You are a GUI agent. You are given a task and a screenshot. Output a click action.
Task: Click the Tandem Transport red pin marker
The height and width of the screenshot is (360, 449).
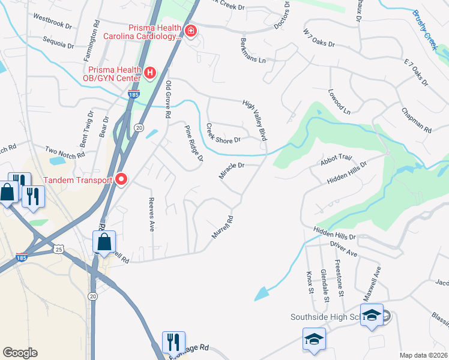[x=121, y=179]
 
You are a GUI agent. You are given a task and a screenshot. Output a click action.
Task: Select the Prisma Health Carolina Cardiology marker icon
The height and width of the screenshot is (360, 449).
[x=191, y=31]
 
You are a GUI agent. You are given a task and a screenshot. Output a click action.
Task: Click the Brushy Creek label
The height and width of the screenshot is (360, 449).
[x=424, y=30]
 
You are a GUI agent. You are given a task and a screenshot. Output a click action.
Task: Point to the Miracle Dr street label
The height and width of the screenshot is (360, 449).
[x=232, y=171]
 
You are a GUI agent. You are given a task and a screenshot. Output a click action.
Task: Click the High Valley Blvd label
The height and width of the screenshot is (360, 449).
[x=255, y=120]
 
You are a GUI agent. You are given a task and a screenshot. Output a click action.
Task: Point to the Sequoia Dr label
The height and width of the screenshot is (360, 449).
[x=58, y=42]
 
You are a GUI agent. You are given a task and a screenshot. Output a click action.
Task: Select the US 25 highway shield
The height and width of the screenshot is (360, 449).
[x=58, y=248]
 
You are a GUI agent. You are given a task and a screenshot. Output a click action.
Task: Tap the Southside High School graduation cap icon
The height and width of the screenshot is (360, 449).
[x=372, y=314]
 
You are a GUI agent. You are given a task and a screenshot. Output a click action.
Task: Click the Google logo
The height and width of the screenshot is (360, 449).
[x=20, y=352]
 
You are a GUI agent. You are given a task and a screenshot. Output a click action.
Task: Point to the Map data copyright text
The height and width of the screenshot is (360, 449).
[x=423, y=355]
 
